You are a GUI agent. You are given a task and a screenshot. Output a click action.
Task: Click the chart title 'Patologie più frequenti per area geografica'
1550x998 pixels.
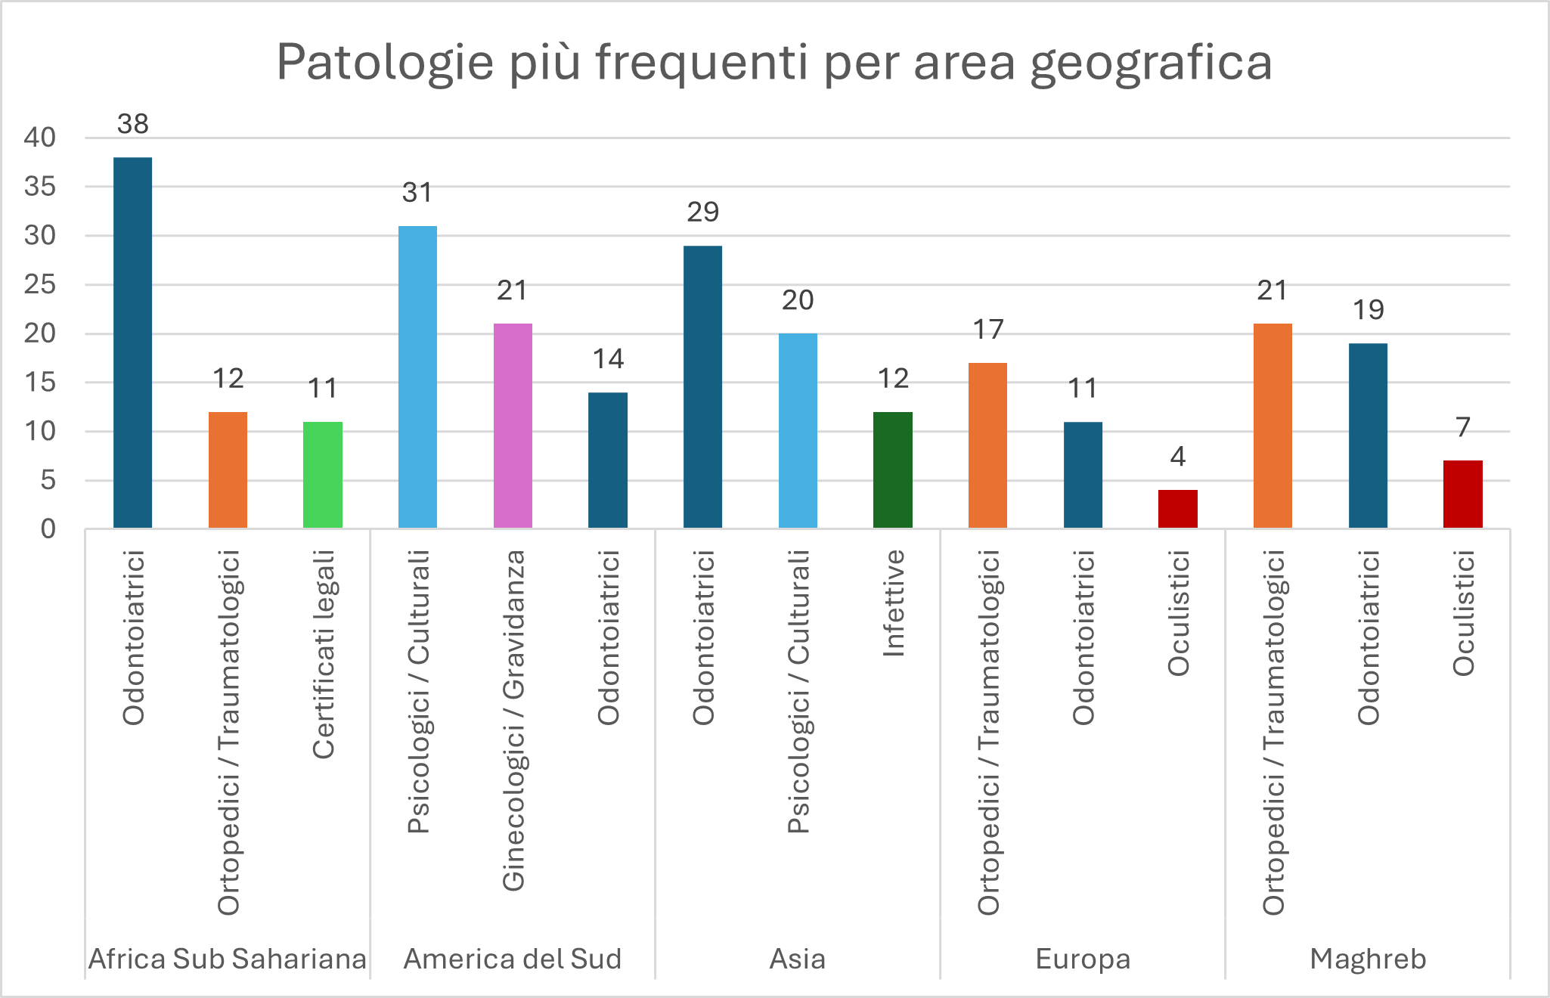click(774, 62)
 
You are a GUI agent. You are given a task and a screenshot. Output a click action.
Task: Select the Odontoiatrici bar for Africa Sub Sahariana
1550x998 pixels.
click(132, 342)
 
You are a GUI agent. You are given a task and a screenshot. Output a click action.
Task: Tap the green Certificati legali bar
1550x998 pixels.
click(323, 475)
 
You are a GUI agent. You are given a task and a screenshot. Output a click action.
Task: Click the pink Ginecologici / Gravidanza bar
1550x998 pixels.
click(513, 426)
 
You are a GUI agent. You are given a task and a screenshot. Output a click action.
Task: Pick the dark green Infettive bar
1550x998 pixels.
click(893, 470)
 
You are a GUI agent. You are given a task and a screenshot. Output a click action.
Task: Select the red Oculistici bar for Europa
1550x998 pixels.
click(1177, 509)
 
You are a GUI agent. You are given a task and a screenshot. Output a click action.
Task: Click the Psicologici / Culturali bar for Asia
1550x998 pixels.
click(798, 430)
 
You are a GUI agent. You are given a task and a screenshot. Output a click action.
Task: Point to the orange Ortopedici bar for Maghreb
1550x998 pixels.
click(1273, 426)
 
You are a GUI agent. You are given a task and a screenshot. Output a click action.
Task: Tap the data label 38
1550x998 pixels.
click(133, 124)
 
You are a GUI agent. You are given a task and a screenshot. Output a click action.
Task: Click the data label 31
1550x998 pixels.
click(417, 193)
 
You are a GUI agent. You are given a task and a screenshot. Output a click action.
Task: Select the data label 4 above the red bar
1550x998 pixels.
click(1177, 457)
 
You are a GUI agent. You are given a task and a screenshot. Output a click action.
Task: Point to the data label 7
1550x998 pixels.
click(1463, 427)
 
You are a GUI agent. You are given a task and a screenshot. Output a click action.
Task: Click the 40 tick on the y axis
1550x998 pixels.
click(40, 138)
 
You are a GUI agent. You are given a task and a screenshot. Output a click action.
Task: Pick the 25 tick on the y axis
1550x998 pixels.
click(40, 284)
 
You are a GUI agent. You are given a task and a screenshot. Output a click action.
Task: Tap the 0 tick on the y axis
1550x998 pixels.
click(48, 528)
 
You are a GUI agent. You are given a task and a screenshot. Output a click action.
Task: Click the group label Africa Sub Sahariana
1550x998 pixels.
click(227, 959)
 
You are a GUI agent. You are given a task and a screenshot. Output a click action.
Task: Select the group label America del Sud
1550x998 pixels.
click(513, 959)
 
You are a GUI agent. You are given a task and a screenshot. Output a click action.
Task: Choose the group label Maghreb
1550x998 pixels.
click(1368, 959)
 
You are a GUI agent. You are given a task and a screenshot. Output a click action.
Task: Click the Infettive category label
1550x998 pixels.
click(894, 603)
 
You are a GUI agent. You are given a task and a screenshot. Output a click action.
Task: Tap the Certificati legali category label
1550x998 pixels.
click(324, 654)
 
